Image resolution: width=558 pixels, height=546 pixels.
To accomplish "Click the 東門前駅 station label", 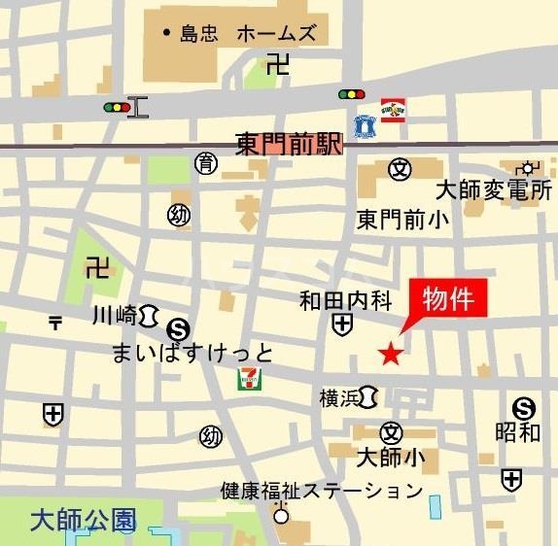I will [x=290, y=144].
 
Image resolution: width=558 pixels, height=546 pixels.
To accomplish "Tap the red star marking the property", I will [x=390, y=354].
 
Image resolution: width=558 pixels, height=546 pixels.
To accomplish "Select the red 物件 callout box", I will [x=448, y=299].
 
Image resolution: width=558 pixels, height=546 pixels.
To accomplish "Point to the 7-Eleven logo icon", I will [x=249, y=379].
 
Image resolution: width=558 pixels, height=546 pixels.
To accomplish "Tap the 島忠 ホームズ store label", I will [x=247, y=34].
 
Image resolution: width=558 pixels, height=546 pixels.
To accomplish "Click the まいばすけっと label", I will [x=193, y=352].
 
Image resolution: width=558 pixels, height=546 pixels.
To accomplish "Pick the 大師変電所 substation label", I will [x=493, y=189].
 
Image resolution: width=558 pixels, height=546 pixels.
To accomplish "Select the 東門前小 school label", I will [x=402, y=219].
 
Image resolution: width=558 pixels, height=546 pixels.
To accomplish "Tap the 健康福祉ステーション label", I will [x=322, y=490].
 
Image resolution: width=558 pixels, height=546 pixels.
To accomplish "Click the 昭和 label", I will [x=517, y=432].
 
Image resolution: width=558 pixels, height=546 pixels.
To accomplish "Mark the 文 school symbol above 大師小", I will [x=391, y=432].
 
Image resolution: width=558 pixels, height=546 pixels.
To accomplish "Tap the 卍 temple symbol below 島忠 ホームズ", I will [x=278, y=65].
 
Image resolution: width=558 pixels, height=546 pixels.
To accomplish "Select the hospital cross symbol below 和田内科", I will [x=341, y=324].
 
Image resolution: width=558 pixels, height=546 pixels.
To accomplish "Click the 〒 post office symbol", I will [x=55, y=324].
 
